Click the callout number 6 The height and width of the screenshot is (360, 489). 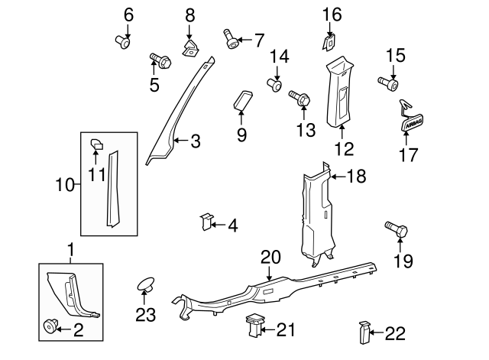coord(128,14)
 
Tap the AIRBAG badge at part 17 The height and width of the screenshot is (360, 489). coord(412,124)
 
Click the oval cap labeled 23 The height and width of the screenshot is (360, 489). coord(144,286)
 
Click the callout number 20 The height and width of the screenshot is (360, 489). coord(270,257)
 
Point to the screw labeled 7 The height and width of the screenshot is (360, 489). coord(231,37)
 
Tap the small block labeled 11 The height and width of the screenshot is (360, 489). coord(97,142)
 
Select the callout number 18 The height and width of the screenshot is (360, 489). coord(356,176)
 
